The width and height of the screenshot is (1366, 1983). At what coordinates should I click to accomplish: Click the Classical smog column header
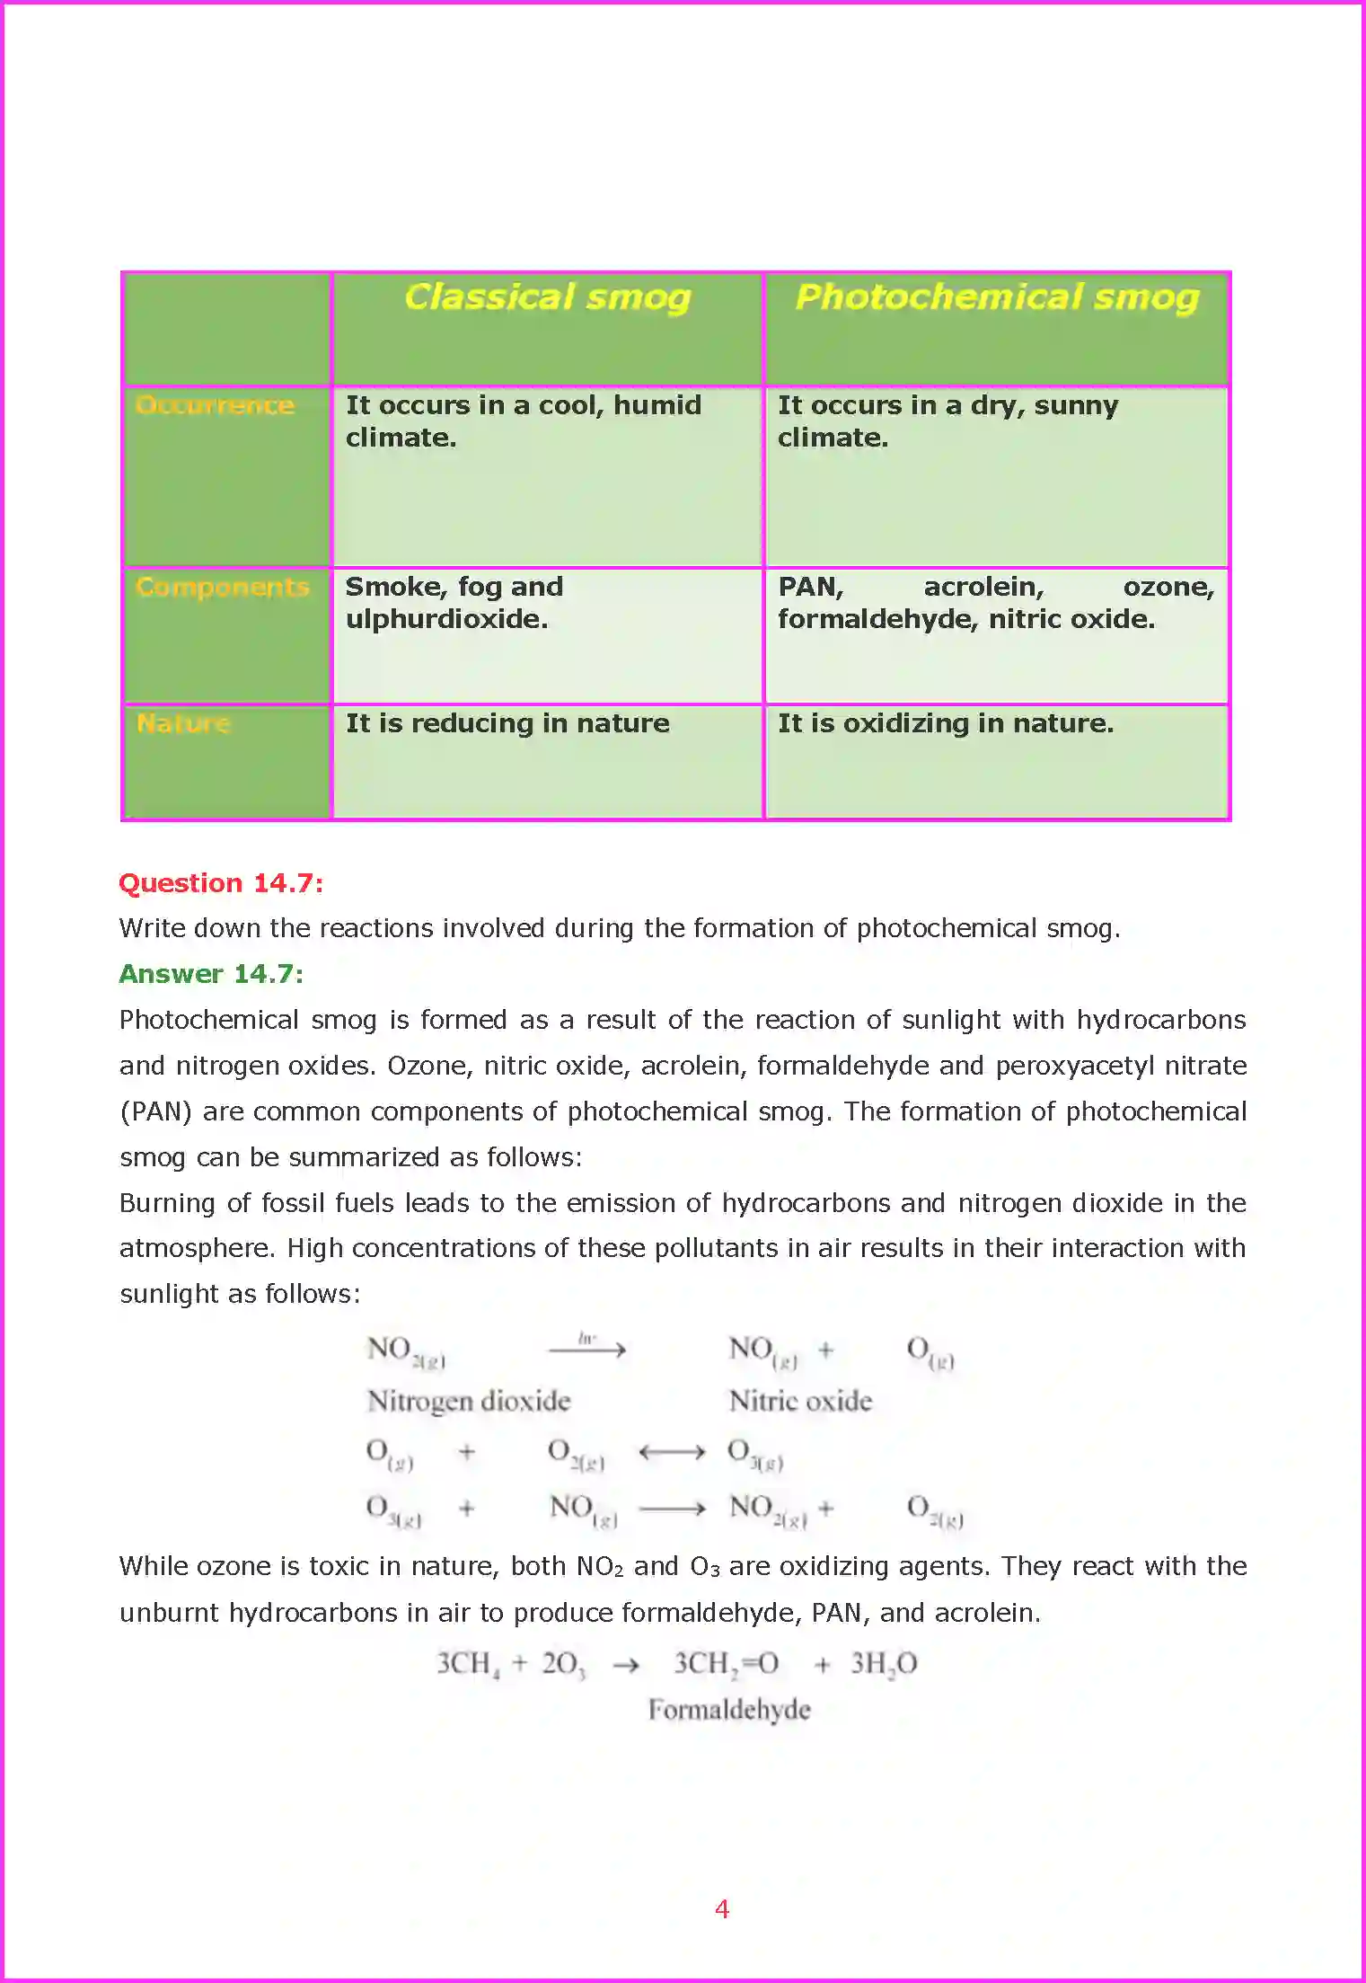click(x=547, y=297)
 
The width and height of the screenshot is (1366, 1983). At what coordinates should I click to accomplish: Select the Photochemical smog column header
click(x=997, y=297)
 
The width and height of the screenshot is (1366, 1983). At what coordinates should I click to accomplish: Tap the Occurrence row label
click(x=215, y=405)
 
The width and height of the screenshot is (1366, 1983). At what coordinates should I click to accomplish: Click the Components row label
click(x=222, y=587)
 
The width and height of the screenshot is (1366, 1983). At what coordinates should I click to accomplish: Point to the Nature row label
click(x=183, y=723)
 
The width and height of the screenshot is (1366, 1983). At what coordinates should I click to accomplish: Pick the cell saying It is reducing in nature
click(x=507, y=723)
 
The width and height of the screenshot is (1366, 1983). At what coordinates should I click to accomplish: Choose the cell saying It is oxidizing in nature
click(x=945, y=723)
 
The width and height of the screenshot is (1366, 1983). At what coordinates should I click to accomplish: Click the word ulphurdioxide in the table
click(x=446, y=619)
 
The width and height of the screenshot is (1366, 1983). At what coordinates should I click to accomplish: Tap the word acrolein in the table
click(x=983, y=587)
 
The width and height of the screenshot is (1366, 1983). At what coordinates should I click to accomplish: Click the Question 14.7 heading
click(x=221, y=883)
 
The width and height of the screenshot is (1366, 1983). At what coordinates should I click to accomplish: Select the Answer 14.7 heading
click(x=211, y=974)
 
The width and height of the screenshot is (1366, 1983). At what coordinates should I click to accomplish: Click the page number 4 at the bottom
click(x=721, y=1908)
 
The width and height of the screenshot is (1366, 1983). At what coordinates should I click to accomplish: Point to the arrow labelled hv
click(x=587, y=1349)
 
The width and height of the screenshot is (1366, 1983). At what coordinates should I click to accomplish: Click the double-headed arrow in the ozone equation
click(x=672, y=1452)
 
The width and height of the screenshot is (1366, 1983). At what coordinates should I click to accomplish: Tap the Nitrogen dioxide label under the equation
click(x=469, y=1401)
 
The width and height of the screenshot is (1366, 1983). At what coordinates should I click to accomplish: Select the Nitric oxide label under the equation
click(x=800, y=1401)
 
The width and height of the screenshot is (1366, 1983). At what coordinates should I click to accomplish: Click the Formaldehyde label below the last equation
click(x=729, y=1709)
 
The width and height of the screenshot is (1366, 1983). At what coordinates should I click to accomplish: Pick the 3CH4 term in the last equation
click(x=467, y=1664)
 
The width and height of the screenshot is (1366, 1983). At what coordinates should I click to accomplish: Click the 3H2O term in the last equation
click(x=884, y=1664)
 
